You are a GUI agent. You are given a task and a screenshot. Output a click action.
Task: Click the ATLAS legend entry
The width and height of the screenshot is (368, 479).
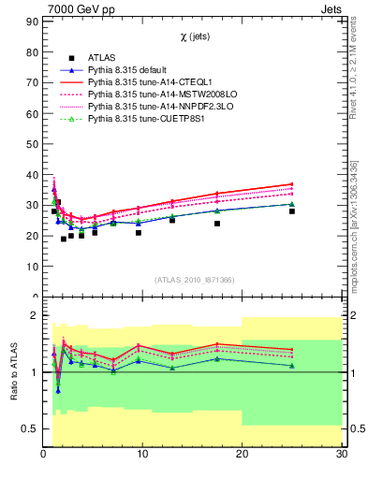tap(102, 58)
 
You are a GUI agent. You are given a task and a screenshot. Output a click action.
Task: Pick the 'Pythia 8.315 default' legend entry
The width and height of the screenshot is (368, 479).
tap(129, 70)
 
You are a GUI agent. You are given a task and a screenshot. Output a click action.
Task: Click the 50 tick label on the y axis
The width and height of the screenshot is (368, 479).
tap(31, 143)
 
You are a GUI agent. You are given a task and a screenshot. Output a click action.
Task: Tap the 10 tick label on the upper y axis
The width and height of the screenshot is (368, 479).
tap(31, 266)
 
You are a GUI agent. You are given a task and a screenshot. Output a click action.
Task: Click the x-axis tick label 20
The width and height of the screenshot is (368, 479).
tap(242, 455)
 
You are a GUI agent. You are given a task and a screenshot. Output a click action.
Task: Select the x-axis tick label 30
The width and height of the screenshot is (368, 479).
tap(341, 455)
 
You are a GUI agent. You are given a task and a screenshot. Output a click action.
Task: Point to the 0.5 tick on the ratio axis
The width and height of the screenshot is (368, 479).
tap(28, 428)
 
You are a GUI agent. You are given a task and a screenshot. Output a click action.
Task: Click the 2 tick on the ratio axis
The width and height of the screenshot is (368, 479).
tap(34, 315)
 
